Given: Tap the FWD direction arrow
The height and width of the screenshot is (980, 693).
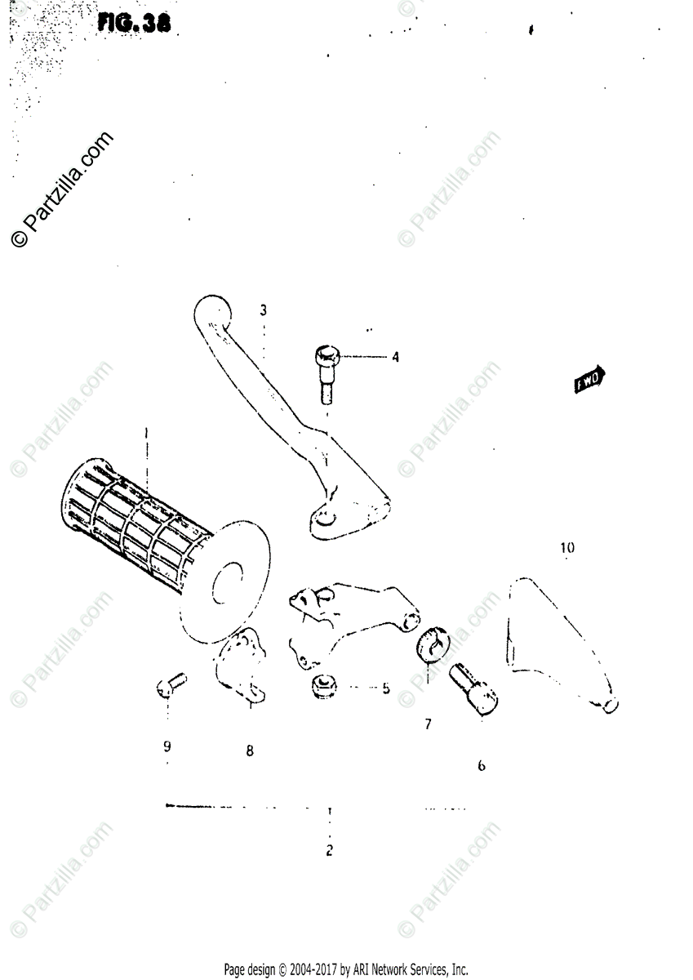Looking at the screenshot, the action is (x=590, y=379).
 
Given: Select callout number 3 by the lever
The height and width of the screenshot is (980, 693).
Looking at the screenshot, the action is (x=264, y=310).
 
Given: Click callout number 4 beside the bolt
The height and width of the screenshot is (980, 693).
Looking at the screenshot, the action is (x=395, y=357).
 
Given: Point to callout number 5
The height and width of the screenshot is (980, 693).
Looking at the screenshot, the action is (x=385, y=688).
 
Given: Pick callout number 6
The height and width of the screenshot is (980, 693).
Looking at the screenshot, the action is (x=481, y=766).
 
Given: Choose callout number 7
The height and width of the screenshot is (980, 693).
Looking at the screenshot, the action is (x=428, y=724).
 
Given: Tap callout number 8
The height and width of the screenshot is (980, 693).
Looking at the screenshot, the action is (x=250, y=751).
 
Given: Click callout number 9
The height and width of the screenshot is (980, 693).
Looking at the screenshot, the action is (x=167, y=746).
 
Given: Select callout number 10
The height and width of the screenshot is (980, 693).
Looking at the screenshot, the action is (x=566, y=548).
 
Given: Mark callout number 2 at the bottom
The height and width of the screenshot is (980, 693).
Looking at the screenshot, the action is (x=329, y=851).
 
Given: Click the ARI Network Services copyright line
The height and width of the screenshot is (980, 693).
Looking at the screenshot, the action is (x=346, y=969).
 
